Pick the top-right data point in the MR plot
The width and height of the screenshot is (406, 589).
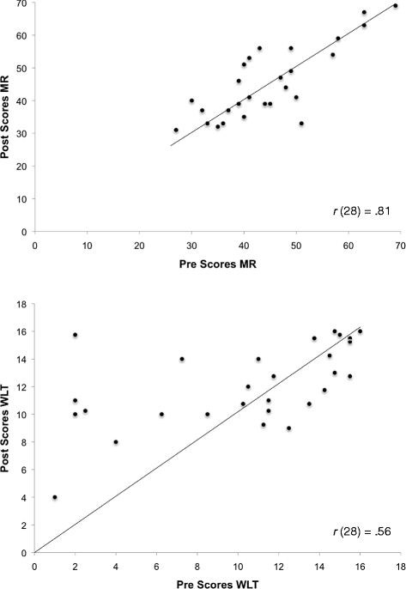tap(396, 5)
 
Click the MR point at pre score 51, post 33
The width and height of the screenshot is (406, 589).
tap(301, 124)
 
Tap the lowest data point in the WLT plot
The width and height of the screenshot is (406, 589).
tap(55, 497)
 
